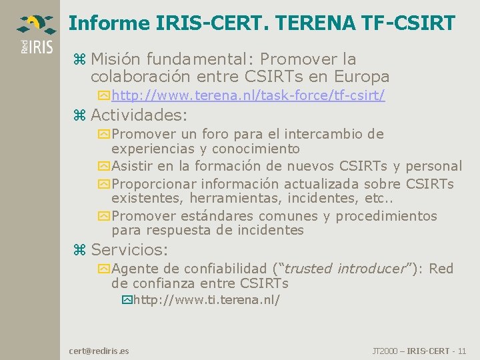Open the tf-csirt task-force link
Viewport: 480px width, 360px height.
pyautogui.click(x=248, y=95)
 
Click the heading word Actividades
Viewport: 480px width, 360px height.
pyautogui.click(x=139, y=115)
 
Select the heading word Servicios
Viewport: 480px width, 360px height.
pyautogui.click(x=129, y=250)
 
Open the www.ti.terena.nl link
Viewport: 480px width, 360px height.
pyautogui.click(x=207, y=300)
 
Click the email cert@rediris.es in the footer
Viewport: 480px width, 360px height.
pyautogui.click(x=99, y=351)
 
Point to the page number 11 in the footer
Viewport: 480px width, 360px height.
pyautogui.click(x=462, y=351)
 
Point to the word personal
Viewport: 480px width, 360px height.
pyautogui.click(x=433, y=166)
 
